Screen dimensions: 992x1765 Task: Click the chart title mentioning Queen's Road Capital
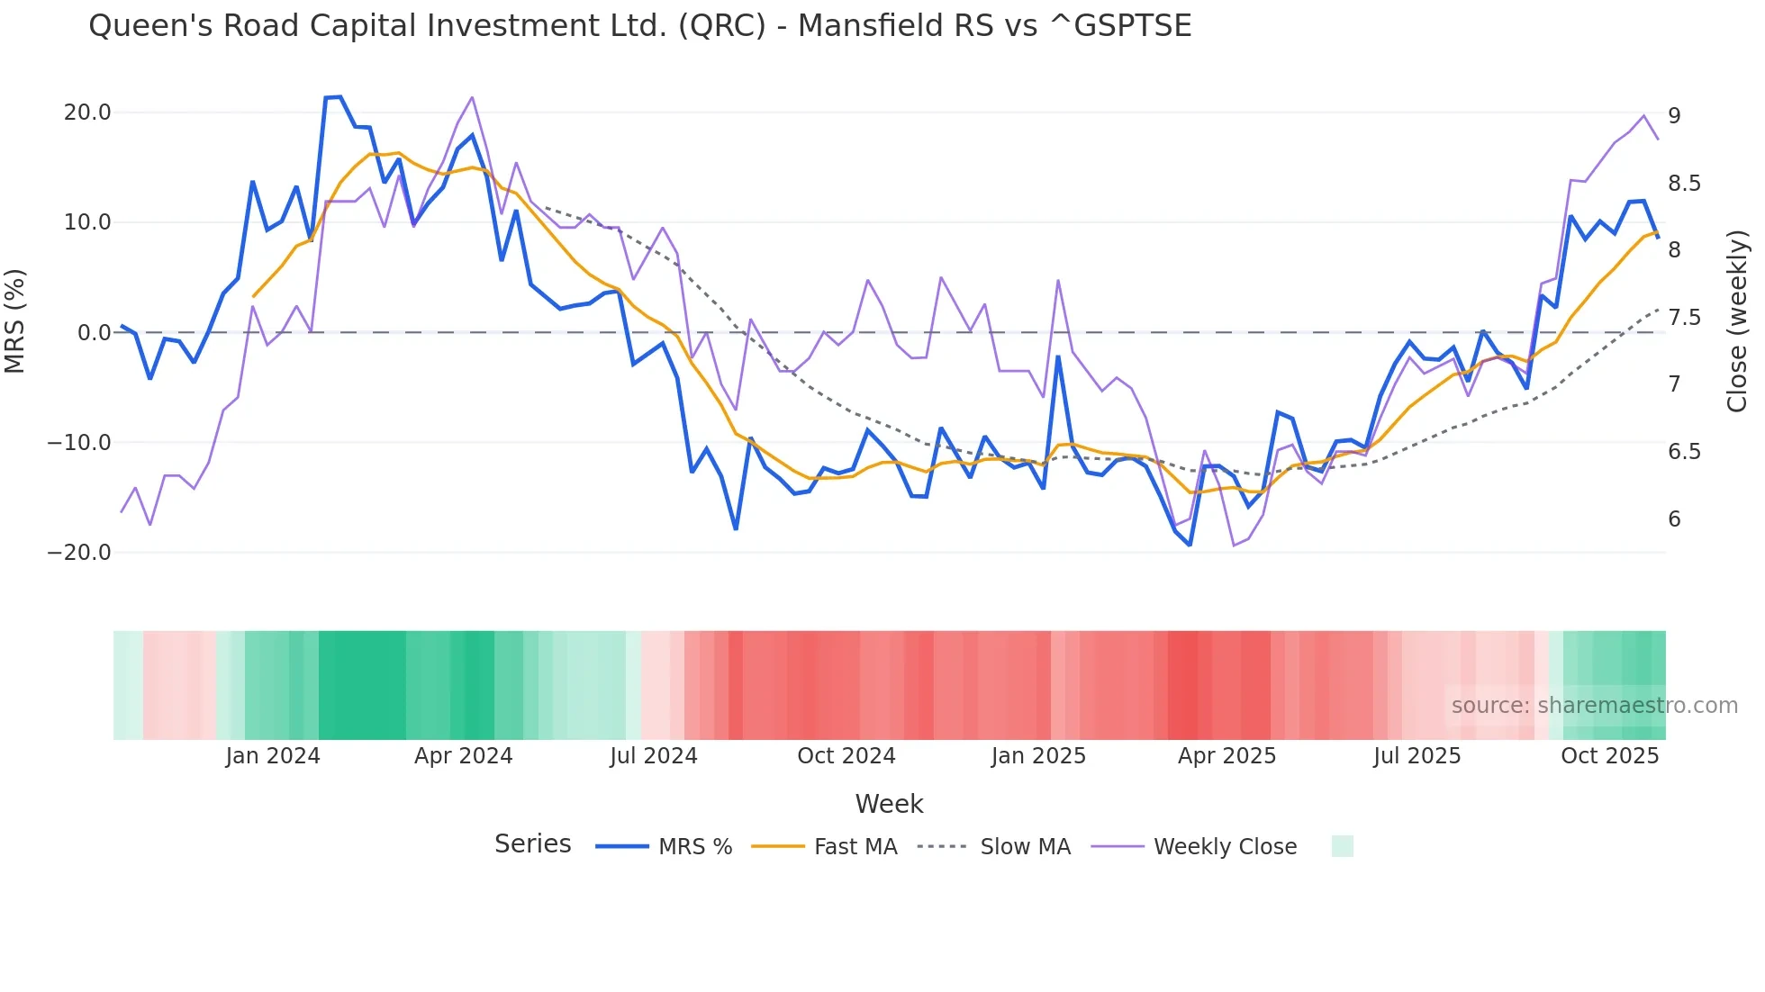pos(639,26)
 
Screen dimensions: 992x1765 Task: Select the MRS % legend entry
pos(694,847)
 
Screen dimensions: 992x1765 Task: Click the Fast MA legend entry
pos(855,847)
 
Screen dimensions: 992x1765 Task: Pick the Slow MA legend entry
pos(1025,847)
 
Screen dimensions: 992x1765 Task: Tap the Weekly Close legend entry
pos(1225,847)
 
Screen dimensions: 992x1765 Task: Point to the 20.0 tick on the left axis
pos(87,113)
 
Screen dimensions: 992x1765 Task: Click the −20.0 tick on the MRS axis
pos(79,553)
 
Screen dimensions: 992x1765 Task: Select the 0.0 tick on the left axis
pos(94,333)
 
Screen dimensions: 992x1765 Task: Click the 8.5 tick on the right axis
pos(1684,184)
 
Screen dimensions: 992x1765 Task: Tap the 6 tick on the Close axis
pos(1674,519)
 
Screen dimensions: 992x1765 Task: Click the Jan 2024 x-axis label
pos(273,756)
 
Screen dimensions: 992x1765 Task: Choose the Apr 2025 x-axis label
pos(1226,756)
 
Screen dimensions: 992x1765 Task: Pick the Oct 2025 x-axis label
pos(1609,756)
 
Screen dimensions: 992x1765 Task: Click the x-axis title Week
pos(889,804)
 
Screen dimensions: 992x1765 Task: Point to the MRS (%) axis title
pos(15,321)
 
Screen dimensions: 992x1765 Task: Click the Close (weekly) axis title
pos(1737,321)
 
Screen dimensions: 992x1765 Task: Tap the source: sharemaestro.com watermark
pos(1594,706)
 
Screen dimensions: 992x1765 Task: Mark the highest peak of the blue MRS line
pos(339,97)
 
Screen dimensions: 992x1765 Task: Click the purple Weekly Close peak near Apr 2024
pos(472,98)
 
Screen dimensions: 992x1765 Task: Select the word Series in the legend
pos(532,844)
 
